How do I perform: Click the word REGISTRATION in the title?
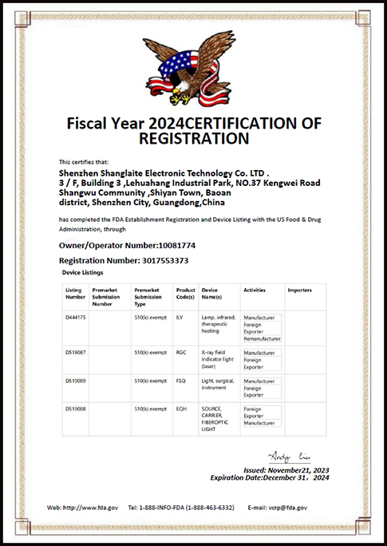click(x=194, y=138)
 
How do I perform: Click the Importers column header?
click(x=299, y=290)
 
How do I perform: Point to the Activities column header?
click(x=255, y=290)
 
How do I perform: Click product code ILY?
click(x=180, y=318)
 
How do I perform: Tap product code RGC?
click(x=180, y=352)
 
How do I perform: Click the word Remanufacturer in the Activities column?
click(x=262, y=339)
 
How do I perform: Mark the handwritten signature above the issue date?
click(x=282, y=457)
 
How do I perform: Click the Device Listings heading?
click(x=88, y=273)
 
